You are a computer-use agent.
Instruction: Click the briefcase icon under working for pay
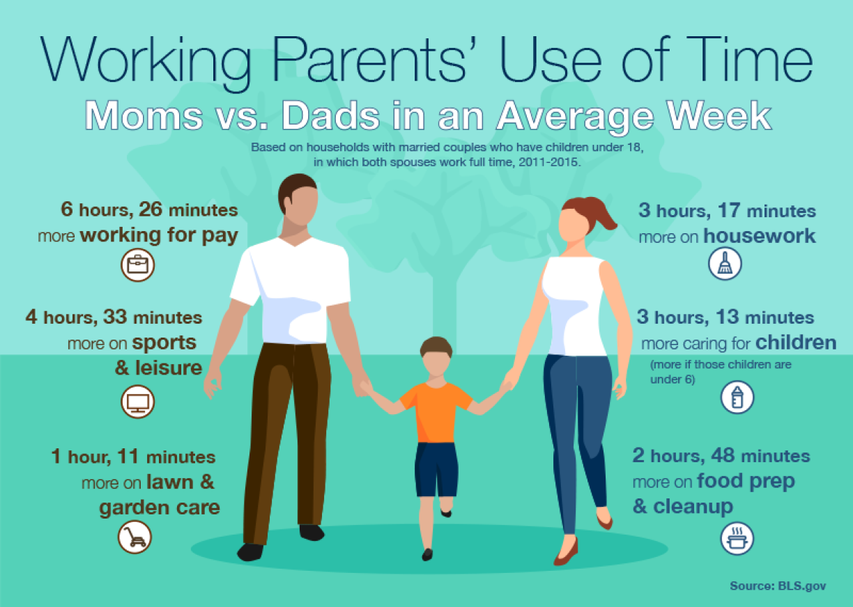click(x=137, y=265)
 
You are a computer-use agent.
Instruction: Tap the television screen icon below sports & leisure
click(x=137, y=402)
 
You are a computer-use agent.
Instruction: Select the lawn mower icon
click(x=135, y=537)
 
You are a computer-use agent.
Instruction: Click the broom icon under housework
click(x=725, y=264)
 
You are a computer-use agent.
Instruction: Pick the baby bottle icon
click(x=737, y=397)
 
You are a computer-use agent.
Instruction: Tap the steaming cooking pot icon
click(x=737, y=538)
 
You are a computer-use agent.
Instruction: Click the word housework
click(x=760, y=236)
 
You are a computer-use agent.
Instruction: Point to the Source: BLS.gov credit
click(x=778, y=585)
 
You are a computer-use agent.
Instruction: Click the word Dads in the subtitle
click(x=330, y=116)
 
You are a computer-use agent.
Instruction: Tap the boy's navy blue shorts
click(x=436, y=470)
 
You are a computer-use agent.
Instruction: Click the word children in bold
click(x=796, y=342)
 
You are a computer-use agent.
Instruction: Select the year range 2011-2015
click(x=549, y=162)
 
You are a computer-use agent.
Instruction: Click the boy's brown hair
click(x=436, y=346)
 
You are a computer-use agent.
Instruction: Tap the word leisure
click(x=169, y=368)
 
